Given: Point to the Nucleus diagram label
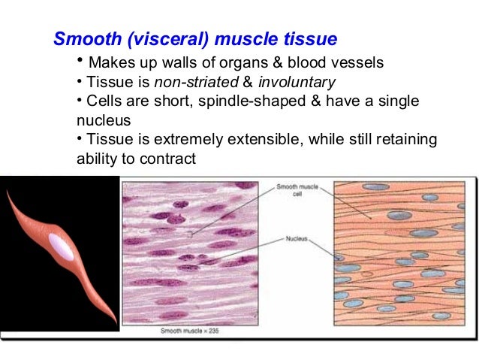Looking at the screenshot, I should [x=294, y=239].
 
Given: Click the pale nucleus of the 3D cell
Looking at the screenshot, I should [x=62, y=247].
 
